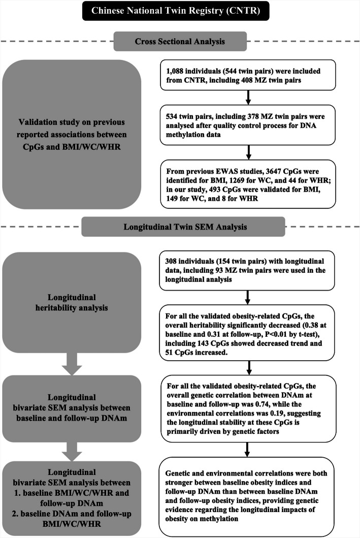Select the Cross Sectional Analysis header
coord(180,41)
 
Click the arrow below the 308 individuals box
coord(248,296)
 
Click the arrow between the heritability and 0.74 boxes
coord(248,368)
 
